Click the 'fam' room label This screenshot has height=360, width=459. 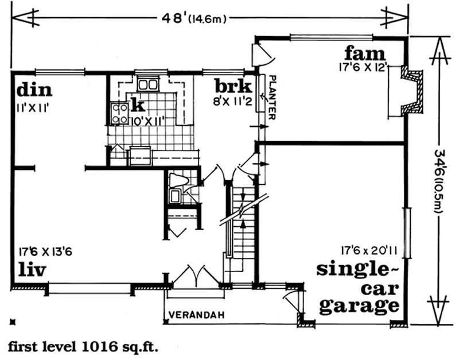(x=364, y=54)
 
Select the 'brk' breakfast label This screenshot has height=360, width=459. (x=232, y=87)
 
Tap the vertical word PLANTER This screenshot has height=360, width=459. (x=273, y=97)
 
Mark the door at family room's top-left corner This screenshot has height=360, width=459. (x=263, y=55)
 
